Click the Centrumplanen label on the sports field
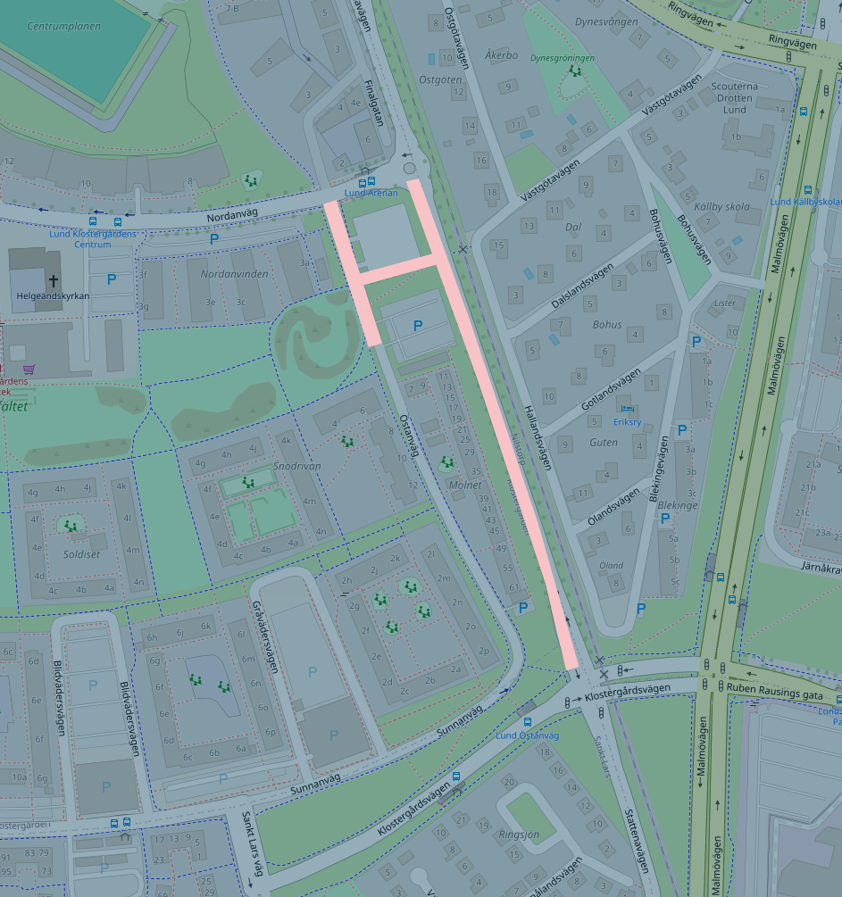click(x=63, y=27)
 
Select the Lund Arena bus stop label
click(x=371, y=193)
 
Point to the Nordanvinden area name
click(x=234, y=274)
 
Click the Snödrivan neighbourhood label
click(x=297, y=466)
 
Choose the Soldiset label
click(x=81, y=554)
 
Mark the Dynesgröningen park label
click(x=562, y=58)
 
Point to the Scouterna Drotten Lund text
click(x=734, y=98)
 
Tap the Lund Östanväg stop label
click(x=527, y=735)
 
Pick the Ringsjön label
click(x=519, y=835)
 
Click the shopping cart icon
click(x=29, y=369)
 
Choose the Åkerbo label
click(x=501, y=54)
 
